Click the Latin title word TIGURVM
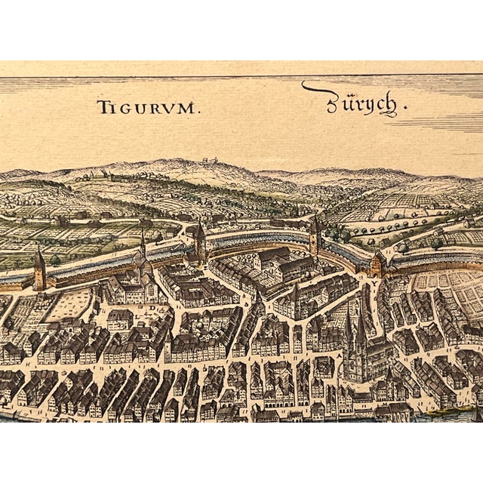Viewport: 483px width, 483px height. pos(149,106)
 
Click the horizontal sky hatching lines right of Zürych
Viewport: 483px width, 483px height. pos(445,121)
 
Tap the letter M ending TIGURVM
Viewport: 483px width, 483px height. pos(192,106)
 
